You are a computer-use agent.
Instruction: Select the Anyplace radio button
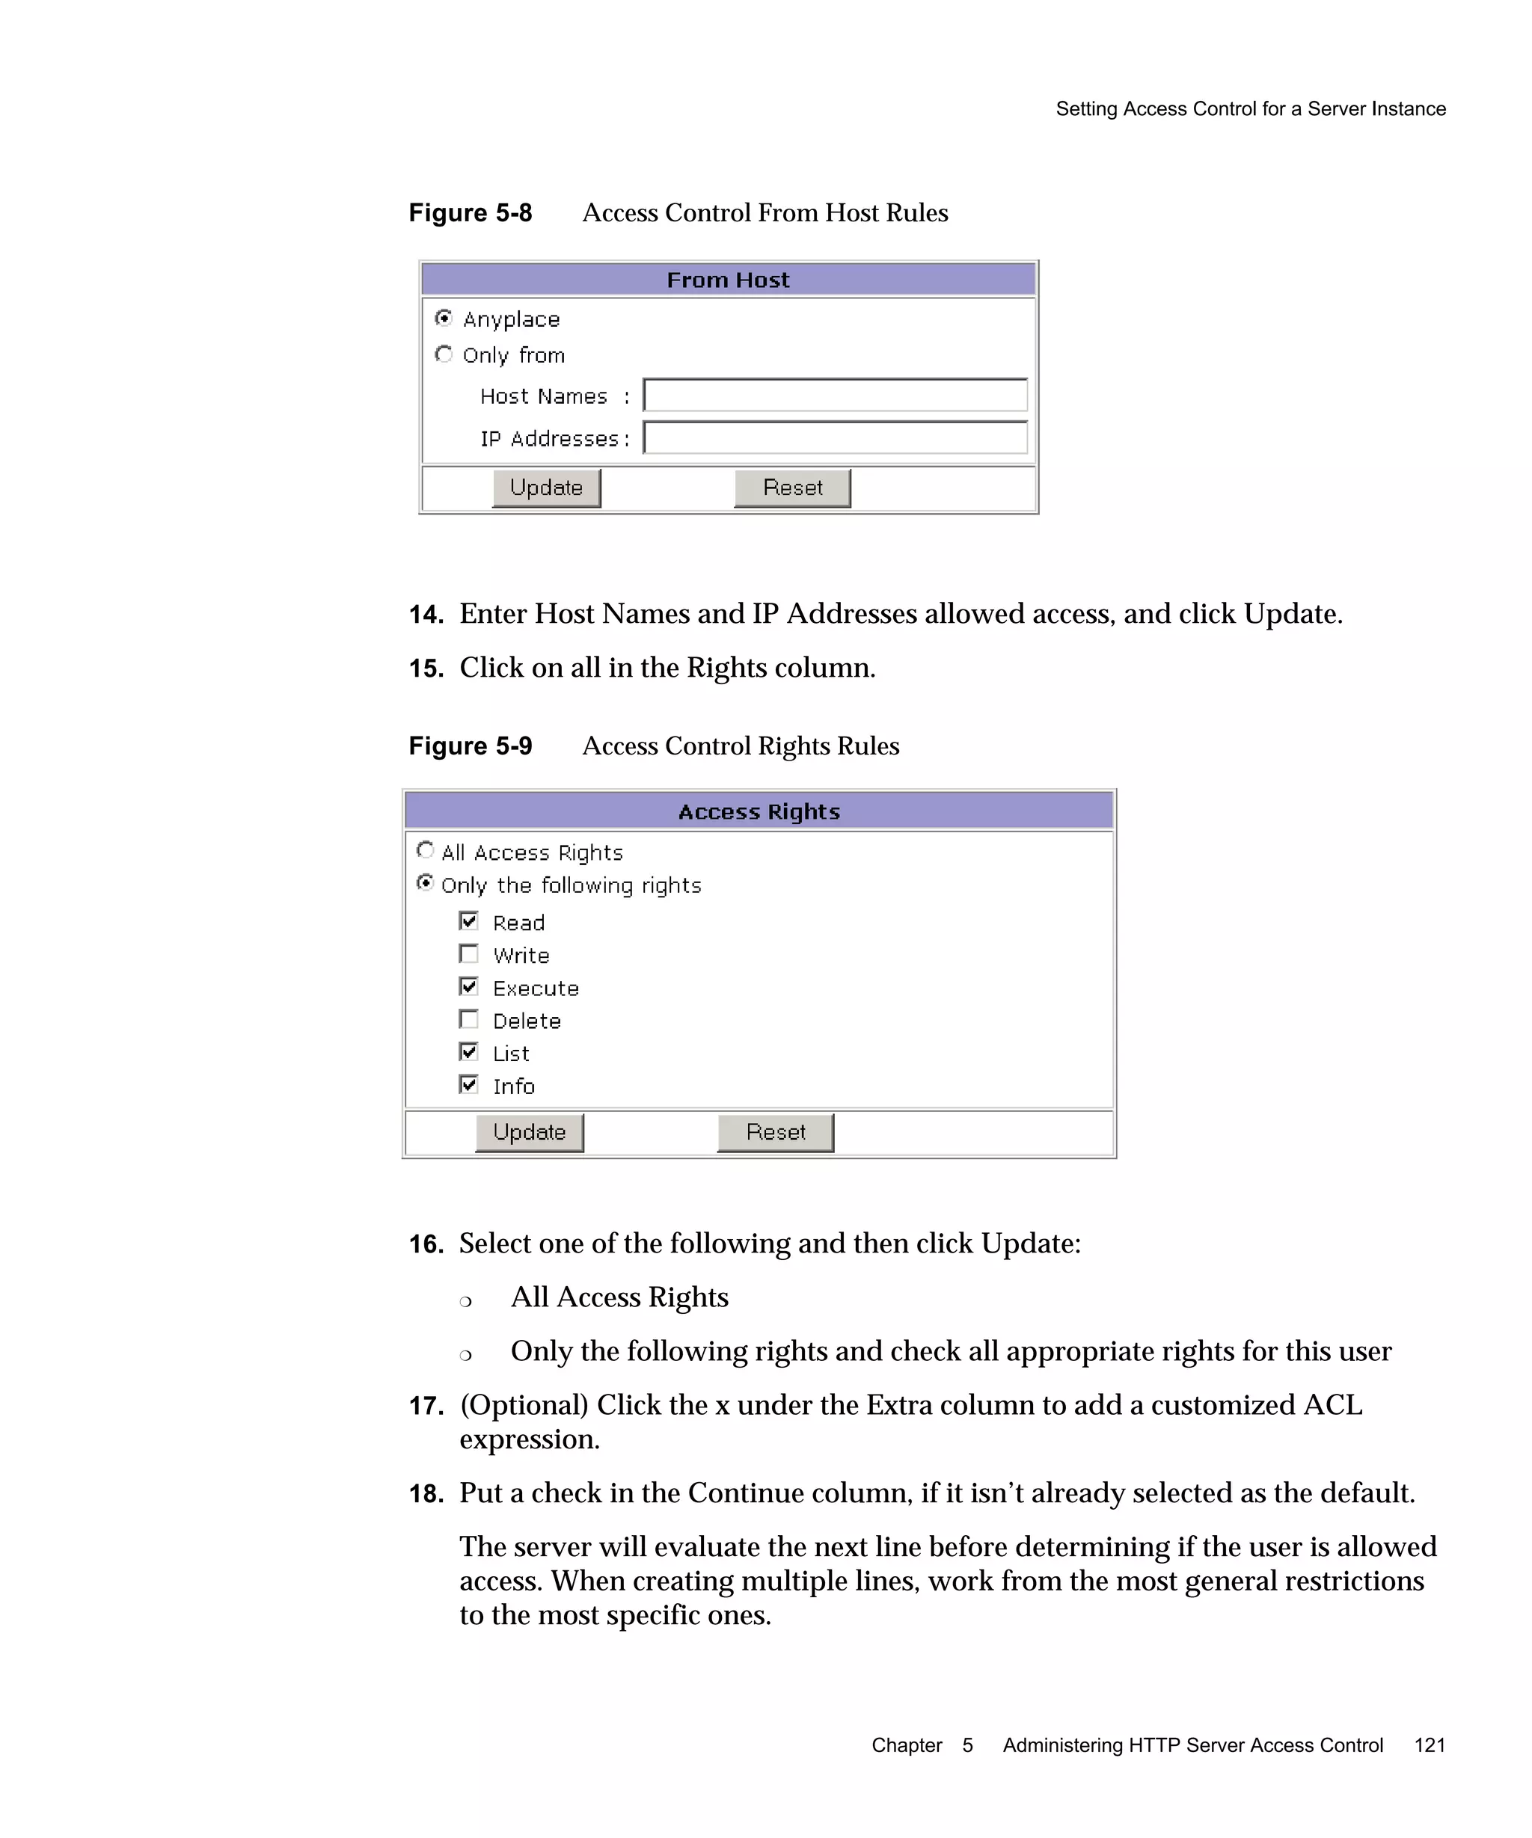[444, 318]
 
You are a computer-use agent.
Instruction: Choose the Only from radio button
[444, 354]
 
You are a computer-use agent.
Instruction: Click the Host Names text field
[834, 396]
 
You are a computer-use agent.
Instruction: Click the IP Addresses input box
[834, 437]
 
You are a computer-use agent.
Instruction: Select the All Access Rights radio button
[426, 850]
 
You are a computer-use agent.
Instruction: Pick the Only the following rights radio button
[426, 883]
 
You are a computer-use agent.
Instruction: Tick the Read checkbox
[469, 920]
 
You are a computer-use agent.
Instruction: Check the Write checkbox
[469, 954]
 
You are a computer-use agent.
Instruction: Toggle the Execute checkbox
[469, 986]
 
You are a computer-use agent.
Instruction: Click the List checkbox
[469, 1052]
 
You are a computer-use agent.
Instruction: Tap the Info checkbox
[469, 1084]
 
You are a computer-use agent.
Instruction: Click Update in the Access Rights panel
[530, 1133]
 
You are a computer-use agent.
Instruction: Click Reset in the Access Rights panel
[776, 1133]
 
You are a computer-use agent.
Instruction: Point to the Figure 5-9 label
[470, 746]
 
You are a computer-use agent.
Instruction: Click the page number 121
[1430, 1745]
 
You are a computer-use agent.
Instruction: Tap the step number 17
[426, 1407]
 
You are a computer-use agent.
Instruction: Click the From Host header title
[729, 280]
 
